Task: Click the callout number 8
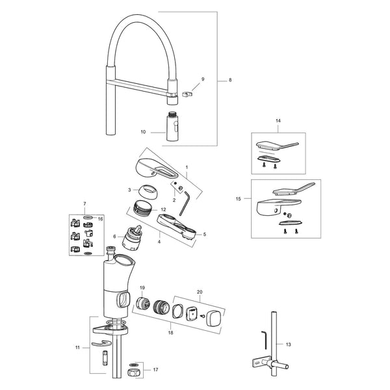[230, 80]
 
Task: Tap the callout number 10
[143, 132]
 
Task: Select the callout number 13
[288, 344]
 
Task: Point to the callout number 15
[239, 199]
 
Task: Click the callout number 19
[142, 288]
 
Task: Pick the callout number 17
[155, 370]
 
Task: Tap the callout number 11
[77, 348]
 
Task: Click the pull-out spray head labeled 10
[172, 126]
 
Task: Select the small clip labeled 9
[188, 94]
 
